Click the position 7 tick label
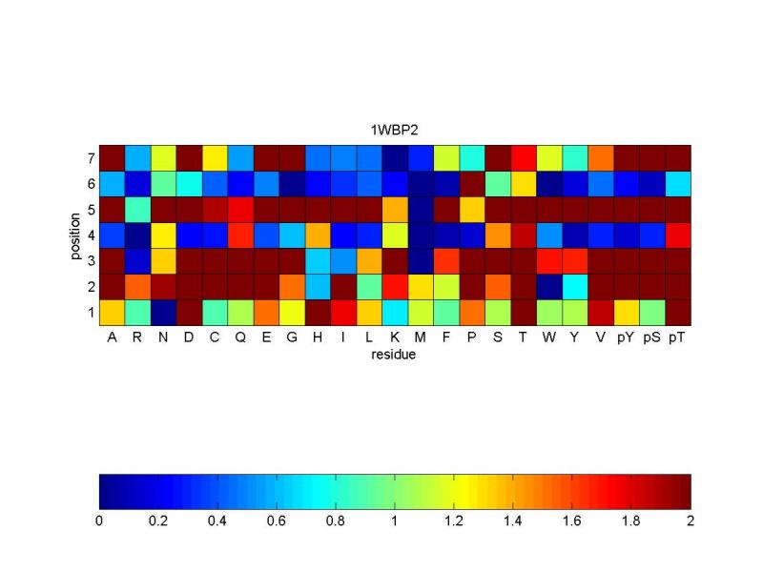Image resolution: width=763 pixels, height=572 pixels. pos(91,157)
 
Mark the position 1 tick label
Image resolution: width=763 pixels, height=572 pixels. pos(91,312)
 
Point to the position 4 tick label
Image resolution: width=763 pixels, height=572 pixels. pos(91,235)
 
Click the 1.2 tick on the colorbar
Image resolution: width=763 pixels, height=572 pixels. pos(454,522)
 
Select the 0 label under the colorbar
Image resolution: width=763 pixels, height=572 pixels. pos(99,522)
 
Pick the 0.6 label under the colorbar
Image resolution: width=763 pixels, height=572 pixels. pos(277,522)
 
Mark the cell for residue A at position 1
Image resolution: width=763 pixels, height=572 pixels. pos(113,312)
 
